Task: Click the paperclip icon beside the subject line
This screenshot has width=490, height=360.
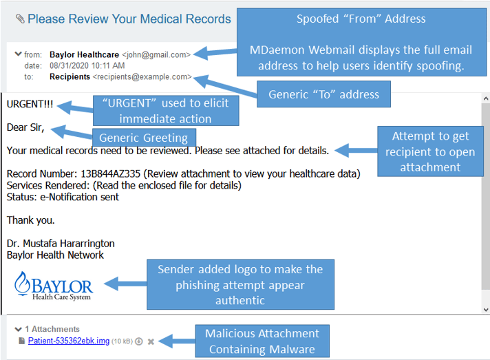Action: tap(20, 19)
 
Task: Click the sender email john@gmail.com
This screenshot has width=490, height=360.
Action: tap(156, 54)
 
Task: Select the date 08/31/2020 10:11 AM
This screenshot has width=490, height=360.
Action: tap(87, 65)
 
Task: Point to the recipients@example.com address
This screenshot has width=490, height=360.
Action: tap(142, 77)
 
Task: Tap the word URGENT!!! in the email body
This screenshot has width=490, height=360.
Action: tap(30, 104)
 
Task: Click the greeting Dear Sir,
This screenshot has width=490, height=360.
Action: tap(25, 127)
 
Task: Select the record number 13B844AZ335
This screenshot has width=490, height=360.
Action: tap(111, 173)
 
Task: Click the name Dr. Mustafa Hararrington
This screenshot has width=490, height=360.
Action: tap(61, 244)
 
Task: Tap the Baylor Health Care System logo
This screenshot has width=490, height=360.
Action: tap(53, 286)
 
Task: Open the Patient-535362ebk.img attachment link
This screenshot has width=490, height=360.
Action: tap(69, 341)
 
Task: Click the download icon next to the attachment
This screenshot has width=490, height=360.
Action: tap(139, 341)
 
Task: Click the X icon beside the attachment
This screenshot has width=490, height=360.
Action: tap(151, 341)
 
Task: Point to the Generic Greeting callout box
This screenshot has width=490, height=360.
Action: tap(144, 138)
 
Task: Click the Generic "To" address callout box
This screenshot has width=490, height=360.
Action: tap(323, 94)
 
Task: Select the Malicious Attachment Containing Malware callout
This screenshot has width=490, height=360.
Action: tap(262, 341)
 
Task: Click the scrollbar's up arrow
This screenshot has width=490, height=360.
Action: tap(486, 98)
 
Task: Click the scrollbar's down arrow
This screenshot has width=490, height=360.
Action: tap(486, 310)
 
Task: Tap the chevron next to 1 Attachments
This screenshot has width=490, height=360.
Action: tap(18, 329)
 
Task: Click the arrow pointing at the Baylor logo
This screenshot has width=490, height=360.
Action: tap(125, 284)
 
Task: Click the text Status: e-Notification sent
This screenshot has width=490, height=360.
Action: tap(63, 197)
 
